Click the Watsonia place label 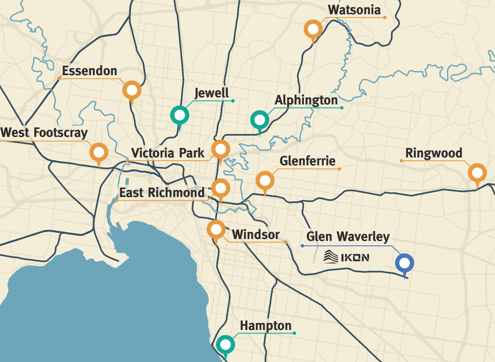[x=354, y=10]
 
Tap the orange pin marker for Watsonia [x=313, y=30]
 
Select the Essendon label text [x=89, y=71]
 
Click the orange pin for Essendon [x=132, y=91]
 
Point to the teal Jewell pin [x=180, y=116]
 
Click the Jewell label [x=212, y=93]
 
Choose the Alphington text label [x=306, y=100]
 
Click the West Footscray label [x=44, y=133]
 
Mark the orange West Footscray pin [x=99, y=152]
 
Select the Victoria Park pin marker [x=220, y=149]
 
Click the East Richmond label [x=162, y=193]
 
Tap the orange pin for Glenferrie [x=265, y=181]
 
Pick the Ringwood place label [x=434, y=153]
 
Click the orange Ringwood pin [x=477, y=173]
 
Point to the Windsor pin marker [x=216, y=230]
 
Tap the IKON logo [x=346, y=257]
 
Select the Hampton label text [x=266, y=326]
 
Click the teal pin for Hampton [x=225, y=345]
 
